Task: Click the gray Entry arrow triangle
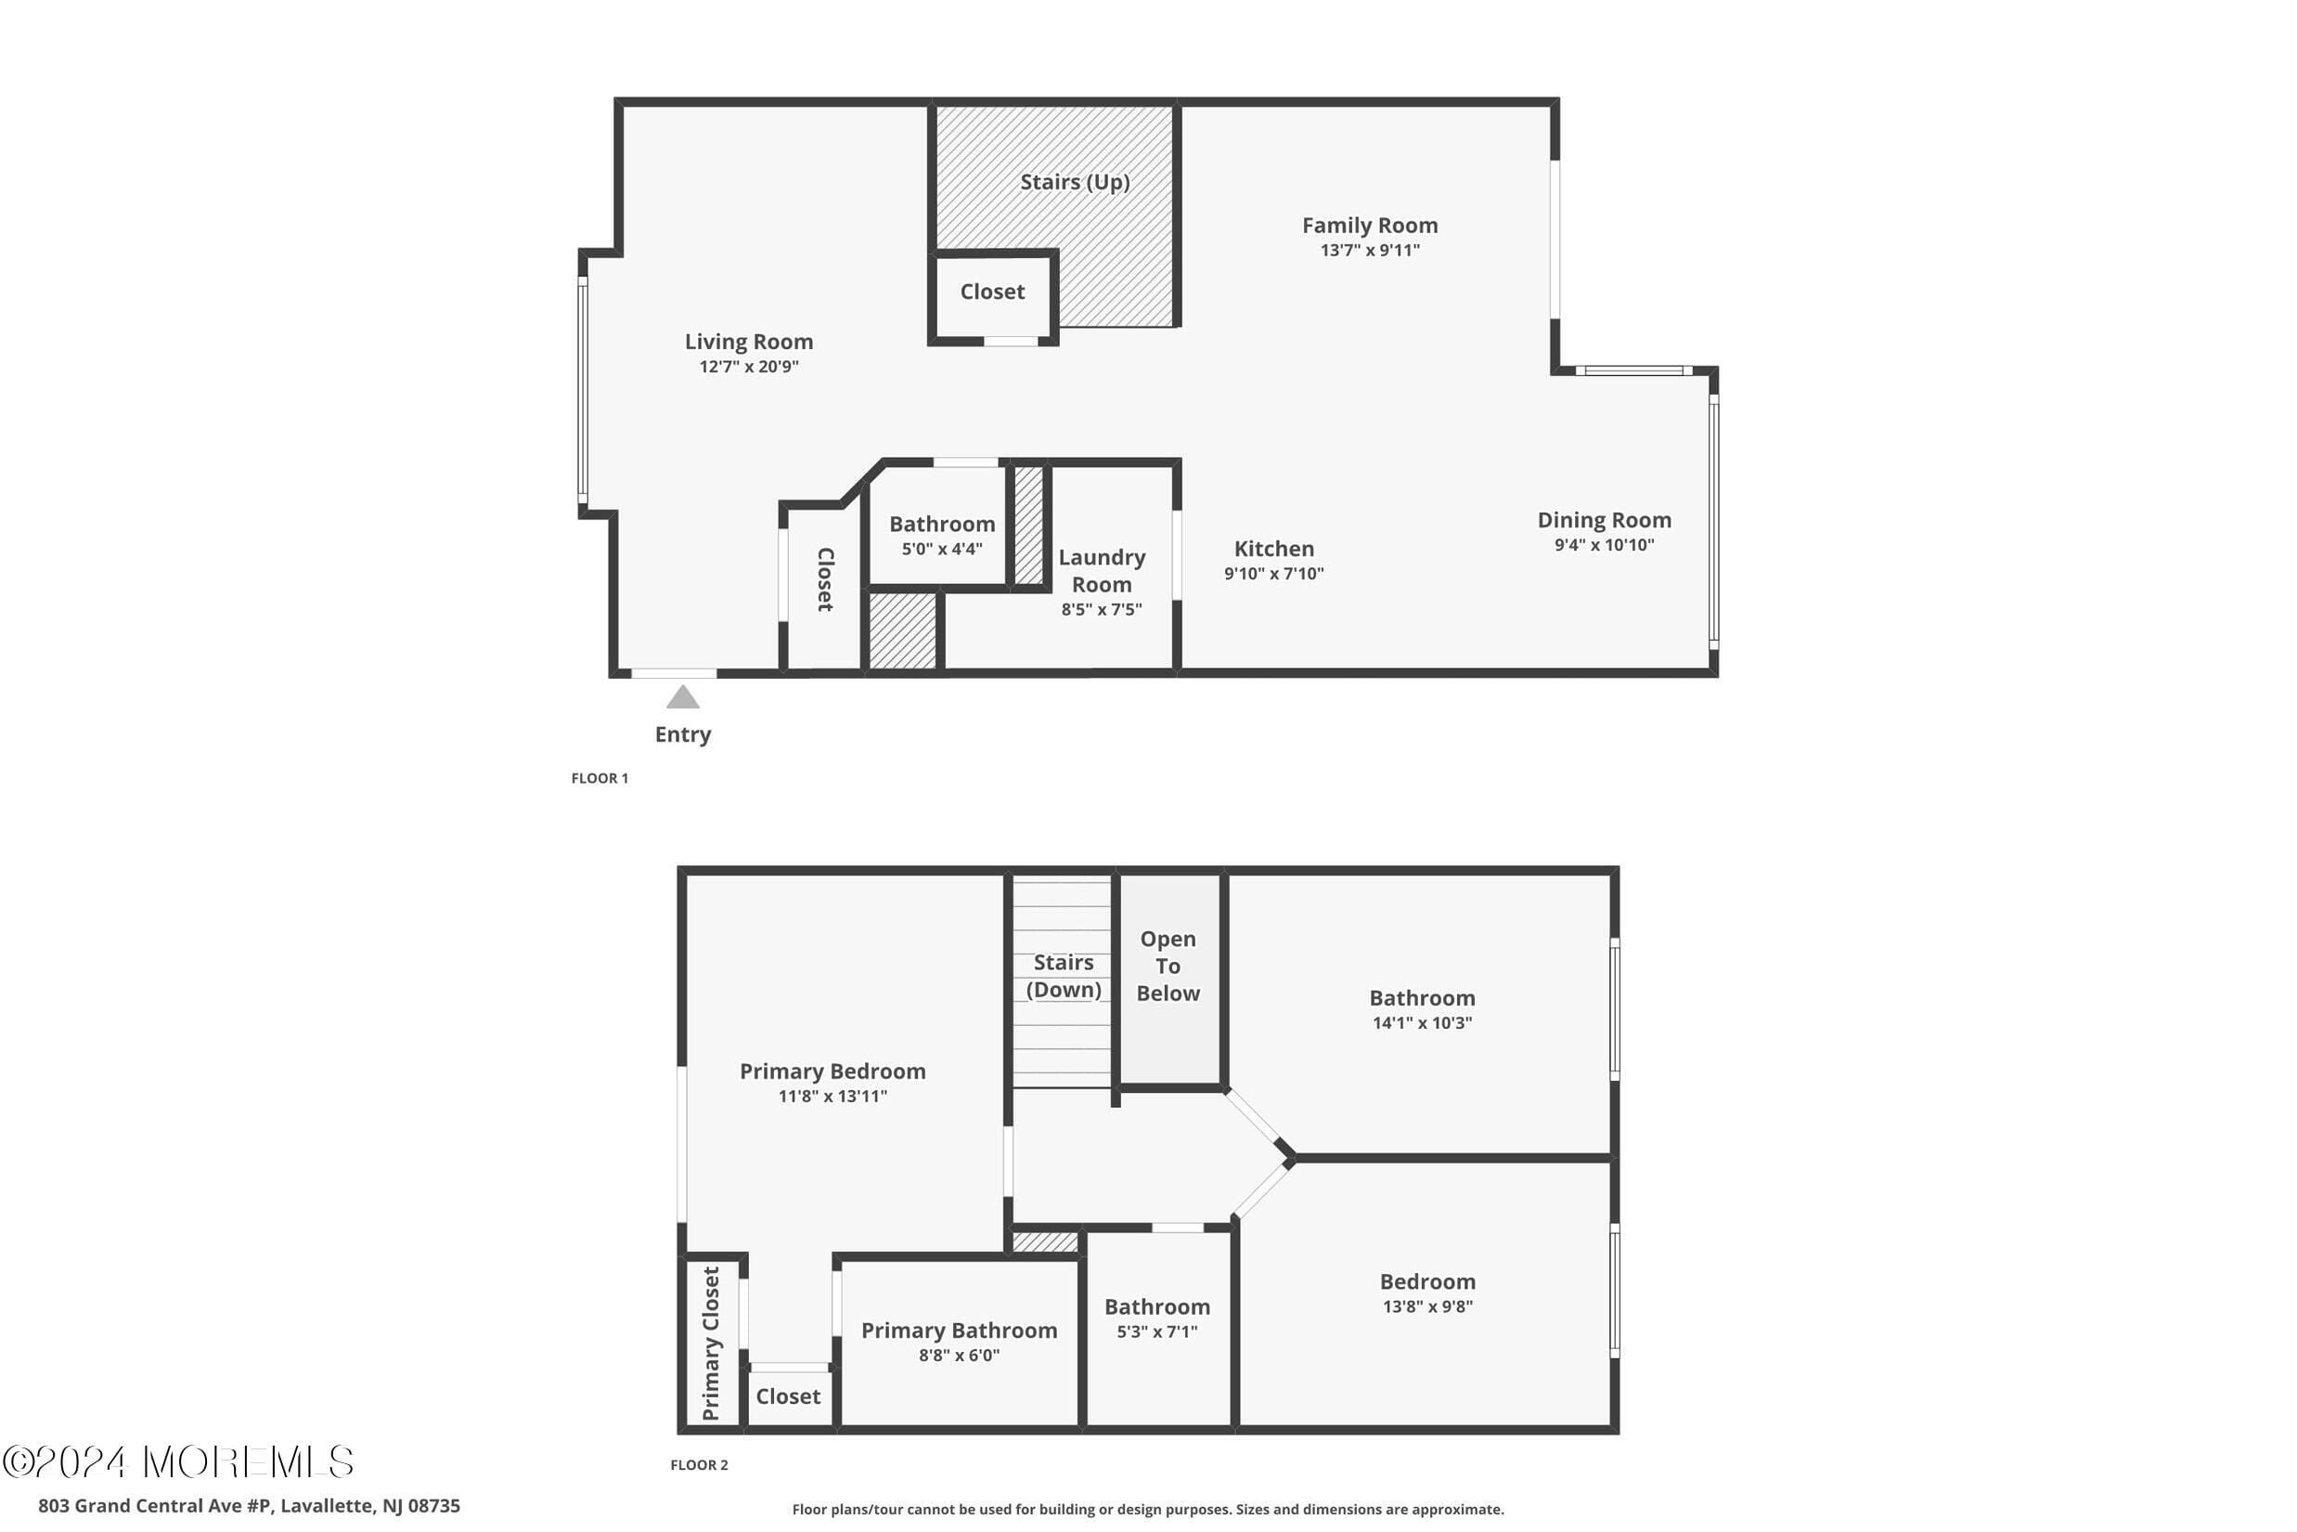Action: [683, 697]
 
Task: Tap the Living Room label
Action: [748, 342]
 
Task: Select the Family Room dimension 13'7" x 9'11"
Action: [1369, 250]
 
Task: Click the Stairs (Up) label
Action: [1075, 182]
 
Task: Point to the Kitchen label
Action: [1273, 549]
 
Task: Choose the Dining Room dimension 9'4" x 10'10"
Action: [1604, 545]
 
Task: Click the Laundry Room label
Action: [1102, 571]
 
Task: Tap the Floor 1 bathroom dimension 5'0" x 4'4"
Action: [941, 549]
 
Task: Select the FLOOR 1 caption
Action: [600, 778]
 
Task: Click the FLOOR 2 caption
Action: [699, 1464]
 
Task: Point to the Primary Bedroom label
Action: [832, 1071]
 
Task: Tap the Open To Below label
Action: [1168, 966]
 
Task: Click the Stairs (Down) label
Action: [1064, 976]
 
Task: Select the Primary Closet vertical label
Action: [711, 1343]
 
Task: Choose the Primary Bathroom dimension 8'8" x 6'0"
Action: [959, 1356]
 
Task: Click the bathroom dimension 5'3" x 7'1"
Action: [1157, 1331]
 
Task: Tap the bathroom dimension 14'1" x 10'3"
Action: [1422, 1023]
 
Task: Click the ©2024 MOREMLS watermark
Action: [178, 1462]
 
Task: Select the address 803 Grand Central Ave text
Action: [249, 1506]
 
